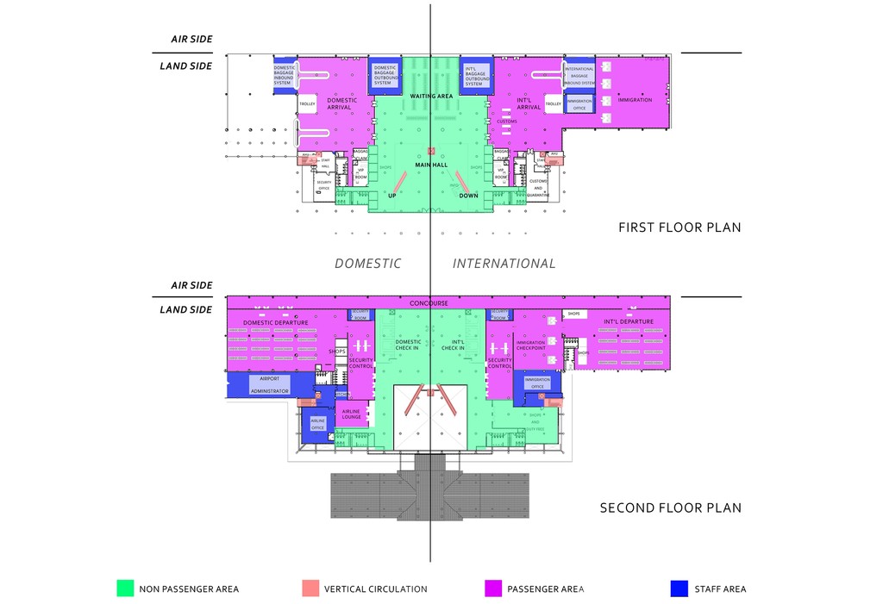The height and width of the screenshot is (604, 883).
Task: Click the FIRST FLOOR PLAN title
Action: [x=679, y=227]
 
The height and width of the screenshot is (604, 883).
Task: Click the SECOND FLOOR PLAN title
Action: [x=670, y=507]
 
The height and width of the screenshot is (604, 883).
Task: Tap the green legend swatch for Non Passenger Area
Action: [x=126, y=588]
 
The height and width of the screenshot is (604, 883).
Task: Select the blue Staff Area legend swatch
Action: [x=679, y=588]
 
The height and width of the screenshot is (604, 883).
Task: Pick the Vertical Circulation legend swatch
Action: [x=310, y=588]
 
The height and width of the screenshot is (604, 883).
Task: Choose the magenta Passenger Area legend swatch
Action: [x=493, y=588]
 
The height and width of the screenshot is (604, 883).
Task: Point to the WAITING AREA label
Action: [x=431, y=97]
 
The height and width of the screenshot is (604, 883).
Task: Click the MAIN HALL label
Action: [x=431, y=165]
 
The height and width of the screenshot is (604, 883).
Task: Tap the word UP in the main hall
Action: [x=392, y=196]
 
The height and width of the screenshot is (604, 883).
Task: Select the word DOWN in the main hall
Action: [x=468, y=196]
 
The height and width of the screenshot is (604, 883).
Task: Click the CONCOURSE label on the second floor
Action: [x=429, y=303]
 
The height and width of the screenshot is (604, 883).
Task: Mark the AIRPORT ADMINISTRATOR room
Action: [x=270, y=384]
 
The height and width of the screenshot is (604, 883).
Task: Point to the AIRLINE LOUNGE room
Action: [x=351, y=414]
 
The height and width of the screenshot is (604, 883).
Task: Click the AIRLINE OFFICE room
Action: [x=316, y=424]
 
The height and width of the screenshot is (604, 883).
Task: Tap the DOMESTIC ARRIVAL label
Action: [x=342, y=104]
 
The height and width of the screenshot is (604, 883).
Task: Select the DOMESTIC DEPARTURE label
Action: [x=275, y=323]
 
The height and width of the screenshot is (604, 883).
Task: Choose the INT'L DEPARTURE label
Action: [x=629, y=322]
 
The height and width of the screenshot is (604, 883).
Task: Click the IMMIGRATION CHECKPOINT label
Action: [x=530, y=346]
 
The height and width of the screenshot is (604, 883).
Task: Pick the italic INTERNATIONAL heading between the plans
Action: [x=504, y=264]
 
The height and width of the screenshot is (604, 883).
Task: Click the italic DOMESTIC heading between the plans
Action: [x=367, y=264]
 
